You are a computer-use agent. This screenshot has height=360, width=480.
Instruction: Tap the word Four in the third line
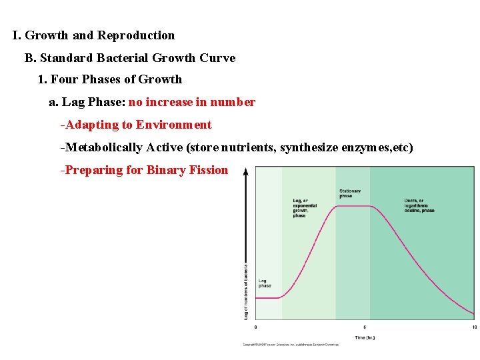click(x=65, y=80)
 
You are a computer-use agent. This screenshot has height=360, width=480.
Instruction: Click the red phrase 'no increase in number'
click(x=192, y=103)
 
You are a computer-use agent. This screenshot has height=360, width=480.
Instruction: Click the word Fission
click(x=208, y=170)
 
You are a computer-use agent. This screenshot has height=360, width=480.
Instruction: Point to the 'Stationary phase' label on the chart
click(x=350, y=193)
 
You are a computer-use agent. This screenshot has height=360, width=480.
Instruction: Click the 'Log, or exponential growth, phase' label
click(x=305, y=208)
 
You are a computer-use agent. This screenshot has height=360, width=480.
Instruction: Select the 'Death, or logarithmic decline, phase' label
click(x=419, y=205)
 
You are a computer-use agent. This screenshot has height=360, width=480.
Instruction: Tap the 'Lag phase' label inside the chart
click(x=265, y=283)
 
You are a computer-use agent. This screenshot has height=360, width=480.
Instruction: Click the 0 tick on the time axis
click(x=256, y=327)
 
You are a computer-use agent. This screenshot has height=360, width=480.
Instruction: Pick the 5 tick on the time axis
click(x=365, y=327)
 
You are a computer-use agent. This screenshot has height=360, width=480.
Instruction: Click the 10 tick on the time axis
click(x=474, y=327)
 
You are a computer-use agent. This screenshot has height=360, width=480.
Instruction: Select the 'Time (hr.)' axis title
click(x=365, y=337)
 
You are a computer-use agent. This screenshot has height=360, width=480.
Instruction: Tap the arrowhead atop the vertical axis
click(x=246, y=171)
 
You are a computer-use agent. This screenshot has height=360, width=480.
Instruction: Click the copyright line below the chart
click(x=290, y=345)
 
